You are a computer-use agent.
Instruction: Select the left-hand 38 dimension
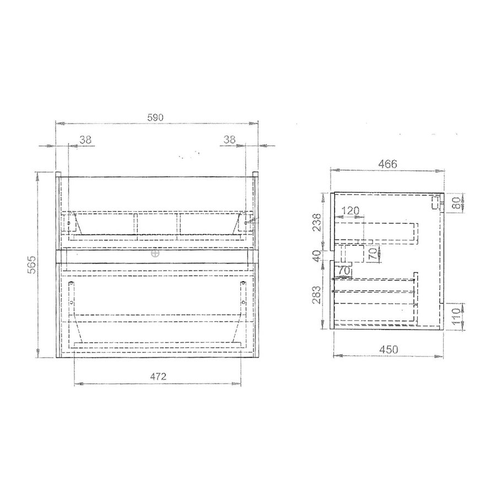[85, 140]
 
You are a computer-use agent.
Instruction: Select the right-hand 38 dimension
[230, 140]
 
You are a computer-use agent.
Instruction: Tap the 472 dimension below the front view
[158, 377]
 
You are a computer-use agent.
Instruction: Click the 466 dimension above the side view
[387, 164]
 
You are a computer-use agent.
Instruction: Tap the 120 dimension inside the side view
[351, 211]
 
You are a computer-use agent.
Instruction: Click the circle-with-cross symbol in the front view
[155, 255]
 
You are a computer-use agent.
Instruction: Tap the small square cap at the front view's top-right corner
[256, 175]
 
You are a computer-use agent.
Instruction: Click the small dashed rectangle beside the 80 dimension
[434, 203]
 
